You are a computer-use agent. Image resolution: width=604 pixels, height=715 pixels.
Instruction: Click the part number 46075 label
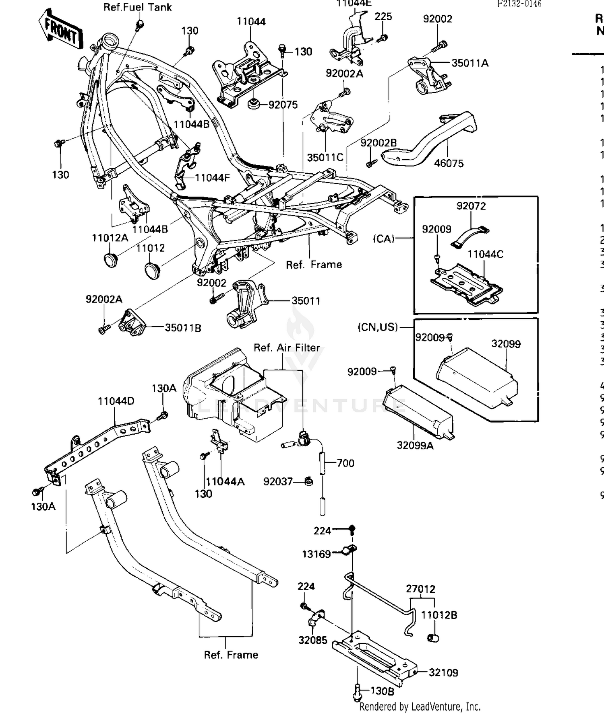(x=449, y=163)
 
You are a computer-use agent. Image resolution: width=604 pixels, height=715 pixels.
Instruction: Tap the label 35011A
(x=470, y=63)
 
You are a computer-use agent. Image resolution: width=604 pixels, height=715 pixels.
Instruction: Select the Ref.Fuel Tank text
(x=137, y=7)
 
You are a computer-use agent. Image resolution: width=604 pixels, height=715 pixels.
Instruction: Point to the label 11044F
(x=212, y=177)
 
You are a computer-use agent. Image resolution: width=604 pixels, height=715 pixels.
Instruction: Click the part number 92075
(x=283, y=105)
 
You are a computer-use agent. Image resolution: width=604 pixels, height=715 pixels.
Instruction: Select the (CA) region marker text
(x=384, y=239)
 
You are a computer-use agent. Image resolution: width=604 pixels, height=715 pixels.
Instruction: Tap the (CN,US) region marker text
(x=377, y=327)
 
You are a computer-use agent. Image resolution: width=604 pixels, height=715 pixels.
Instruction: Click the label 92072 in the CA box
(x=471, y=206)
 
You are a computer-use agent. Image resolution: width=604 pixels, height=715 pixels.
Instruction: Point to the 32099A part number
(x=415, y=446)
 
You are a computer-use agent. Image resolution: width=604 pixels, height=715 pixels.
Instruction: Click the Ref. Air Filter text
(x=286, y=348)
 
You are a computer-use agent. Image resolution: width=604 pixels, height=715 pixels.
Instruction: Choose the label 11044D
(x=116, y=401)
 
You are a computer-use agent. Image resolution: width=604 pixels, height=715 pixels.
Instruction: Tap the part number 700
(x=345, y=463)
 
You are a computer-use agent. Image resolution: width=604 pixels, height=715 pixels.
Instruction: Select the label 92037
(x=277, y=481)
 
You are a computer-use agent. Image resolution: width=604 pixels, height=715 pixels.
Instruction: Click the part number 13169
(x=316, y=554)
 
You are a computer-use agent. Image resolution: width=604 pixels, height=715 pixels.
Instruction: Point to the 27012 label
(x=420, y=589)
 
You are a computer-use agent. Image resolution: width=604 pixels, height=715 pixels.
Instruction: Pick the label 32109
(x=443, y=672)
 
